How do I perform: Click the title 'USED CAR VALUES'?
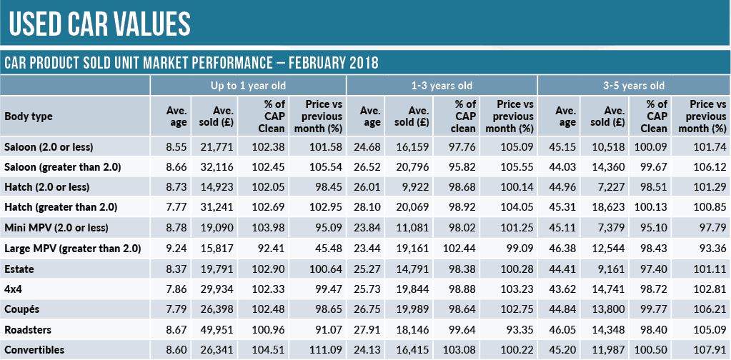tap(100, 24)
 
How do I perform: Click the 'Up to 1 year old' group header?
tap(247, 86)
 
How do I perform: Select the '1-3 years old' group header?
tap(441, 86)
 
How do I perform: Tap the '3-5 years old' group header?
tap(634, 86)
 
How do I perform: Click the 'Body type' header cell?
tap(29, 116)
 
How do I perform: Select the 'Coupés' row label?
tap(24, 309)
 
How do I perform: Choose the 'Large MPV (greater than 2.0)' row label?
tap(73, 249)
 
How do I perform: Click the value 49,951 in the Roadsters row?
tap(217, 329)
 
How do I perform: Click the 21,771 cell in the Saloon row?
tap(217, 147)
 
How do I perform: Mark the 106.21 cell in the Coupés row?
tap(709, 309)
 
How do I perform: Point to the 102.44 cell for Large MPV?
tap(462, 249)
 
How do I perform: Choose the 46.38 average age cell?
tap(565, 249)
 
